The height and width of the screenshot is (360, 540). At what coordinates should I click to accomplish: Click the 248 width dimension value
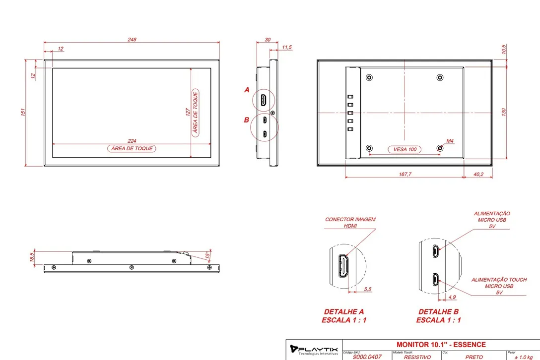132,40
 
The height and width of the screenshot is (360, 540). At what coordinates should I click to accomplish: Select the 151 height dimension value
23,112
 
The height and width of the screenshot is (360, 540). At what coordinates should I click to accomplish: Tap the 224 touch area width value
132,141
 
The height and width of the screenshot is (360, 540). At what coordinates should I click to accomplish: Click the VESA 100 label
405,149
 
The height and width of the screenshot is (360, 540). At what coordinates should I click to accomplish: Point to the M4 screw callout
450,141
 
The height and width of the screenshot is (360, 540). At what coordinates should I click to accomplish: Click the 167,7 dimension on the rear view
405,174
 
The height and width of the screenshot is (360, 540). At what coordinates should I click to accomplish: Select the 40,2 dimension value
478,174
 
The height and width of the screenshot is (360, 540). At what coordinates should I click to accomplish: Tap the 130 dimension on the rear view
503,112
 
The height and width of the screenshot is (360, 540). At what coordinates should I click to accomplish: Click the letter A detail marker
247,90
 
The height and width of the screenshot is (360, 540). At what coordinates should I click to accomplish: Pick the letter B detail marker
247,120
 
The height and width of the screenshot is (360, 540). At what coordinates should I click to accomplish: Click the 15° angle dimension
207,255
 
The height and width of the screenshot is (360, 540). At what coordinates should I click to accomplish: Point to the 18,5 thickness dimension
32,257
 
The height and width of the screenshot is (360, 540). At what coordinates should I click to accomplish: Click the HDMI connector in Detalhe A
343,266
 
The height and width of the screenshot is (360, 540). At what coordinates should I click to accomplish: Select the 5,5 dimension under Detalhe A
367,289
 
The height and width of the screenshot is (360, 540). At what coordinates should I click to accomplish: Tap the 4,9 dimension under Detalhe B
452,297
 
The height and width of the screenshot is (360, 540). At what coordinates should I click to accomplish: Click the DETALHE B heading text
438,311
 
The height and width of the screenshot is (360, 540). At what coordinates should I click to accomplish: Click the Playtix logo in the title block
314,350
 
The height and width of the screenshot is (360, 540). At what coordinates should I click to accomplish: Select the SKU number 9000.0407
367,357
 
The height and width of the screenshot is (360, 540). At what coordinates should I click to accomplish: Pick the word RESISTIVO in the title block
417,357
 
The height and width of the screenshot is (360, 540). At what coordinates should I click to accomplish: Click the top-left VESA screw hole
369,77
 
